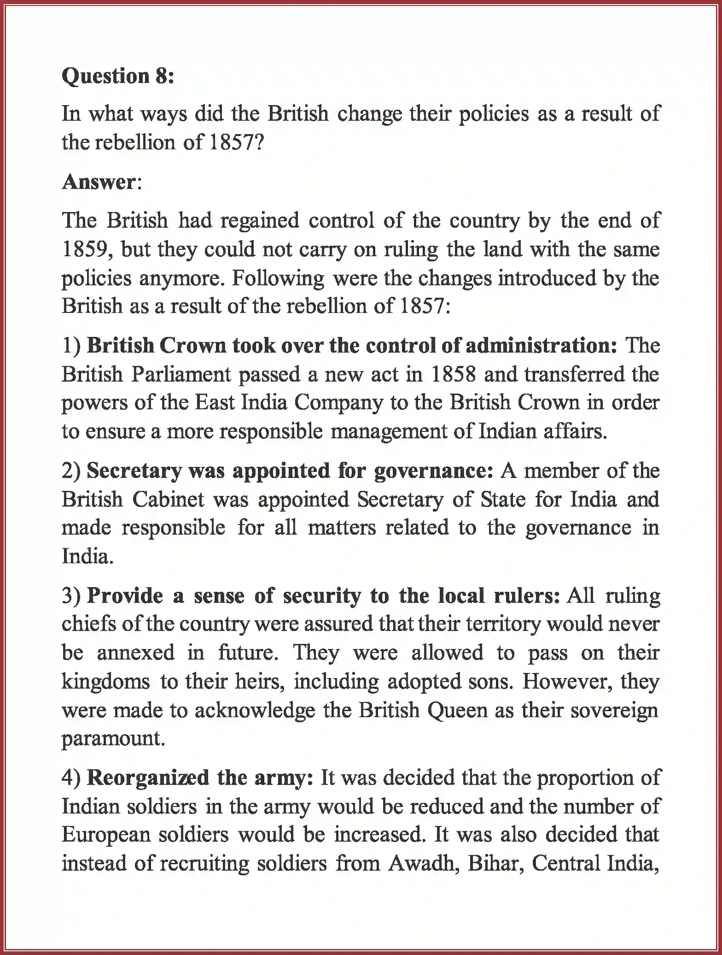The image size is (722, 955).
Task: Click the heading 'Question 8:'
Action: point(118,76)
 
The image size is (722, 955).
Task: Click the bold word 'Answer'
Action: point(99,182)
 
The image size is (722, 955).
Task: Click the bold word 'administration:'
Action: point(541,346)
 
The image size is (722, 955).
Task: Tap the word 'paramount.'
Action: point(113,738)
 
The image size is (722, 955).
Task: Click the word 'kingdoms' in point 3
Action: point(106,681)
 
